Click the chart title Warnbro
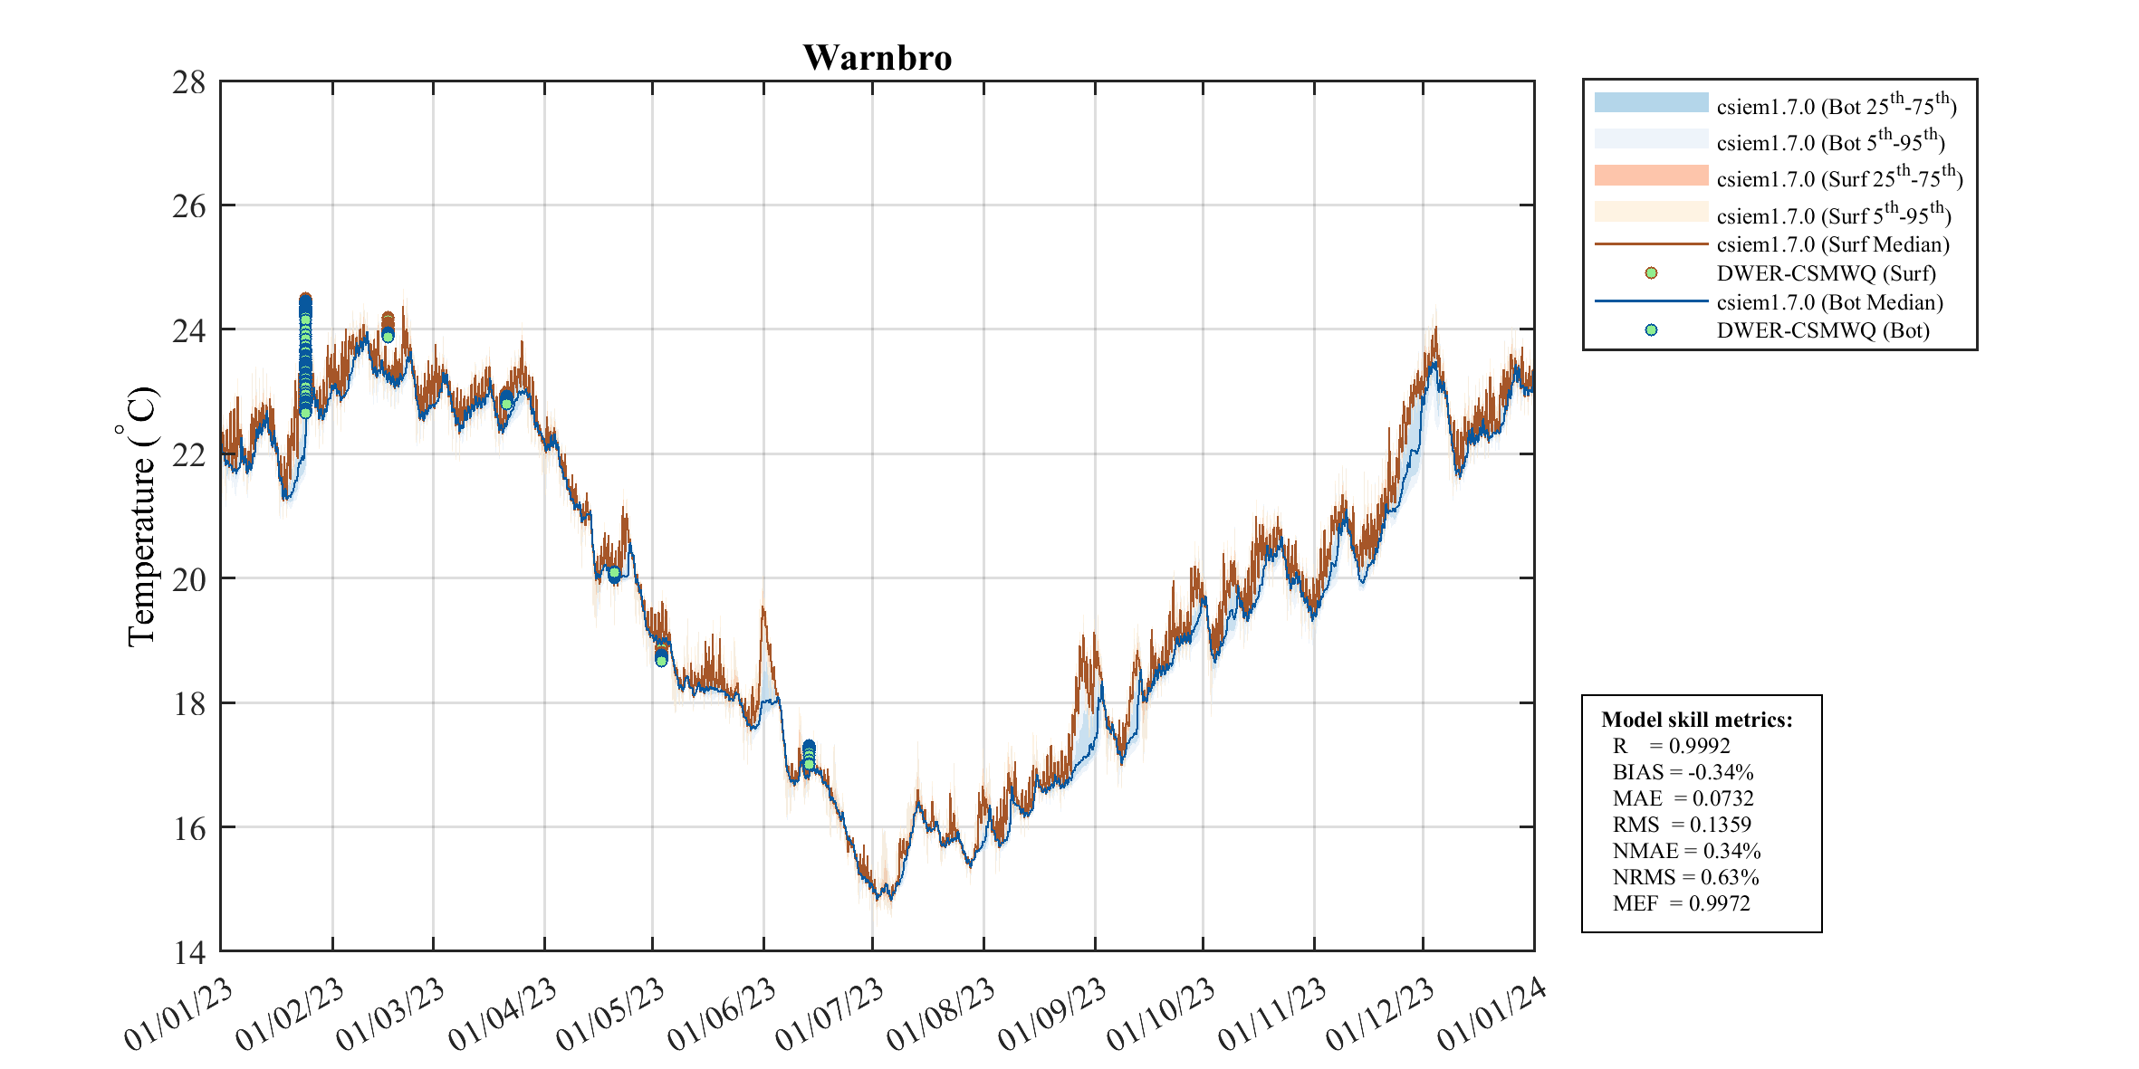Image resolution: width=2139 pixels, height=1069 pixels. (877, 58)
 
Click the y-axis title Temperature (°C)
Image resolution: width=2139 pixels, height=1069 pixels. (141, 516)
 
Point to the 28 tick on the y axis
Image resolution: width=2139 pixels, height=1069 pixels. (189, 82)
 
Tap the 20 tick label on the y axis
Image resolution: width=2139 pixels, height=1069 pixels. (189, 578)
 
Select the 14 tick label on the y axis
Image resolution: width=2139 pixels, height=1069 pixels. (189, 952)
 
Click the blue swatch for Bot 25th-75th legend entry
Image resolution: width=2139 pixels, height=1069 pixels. (1651, 102)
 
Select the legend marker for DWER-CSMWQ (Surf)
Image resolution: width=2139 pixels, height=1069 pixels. (1651, 273)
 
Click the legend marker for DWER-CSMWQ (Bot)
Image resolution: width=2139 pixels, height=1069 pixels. (1651, 330)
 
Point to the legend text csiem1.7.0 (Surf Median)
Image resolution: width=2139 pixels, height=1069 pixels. (1833, 244)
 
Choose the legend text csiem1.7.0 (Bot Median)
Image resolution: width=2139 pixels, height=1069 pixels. (1829, 302)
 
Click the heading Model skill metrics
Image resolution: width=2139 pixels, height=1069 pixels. (1696, 720)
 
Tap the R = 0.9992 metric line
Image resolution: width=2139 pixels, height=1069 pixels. (1671, 746)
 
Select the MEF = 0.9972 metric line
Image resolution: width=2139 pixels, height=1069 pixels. (1681, 903)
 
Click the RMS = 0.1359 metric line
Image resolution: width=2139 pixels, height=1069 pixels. (1682, 825)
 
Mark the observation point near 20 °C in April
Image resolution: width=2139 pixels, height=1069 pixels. (614, 573)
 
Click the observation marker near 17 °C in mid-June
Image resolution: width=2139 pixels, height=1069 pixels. (809, 764)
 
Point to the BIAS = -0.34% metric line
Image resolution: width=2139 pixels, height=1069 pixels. (1683, 772)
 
